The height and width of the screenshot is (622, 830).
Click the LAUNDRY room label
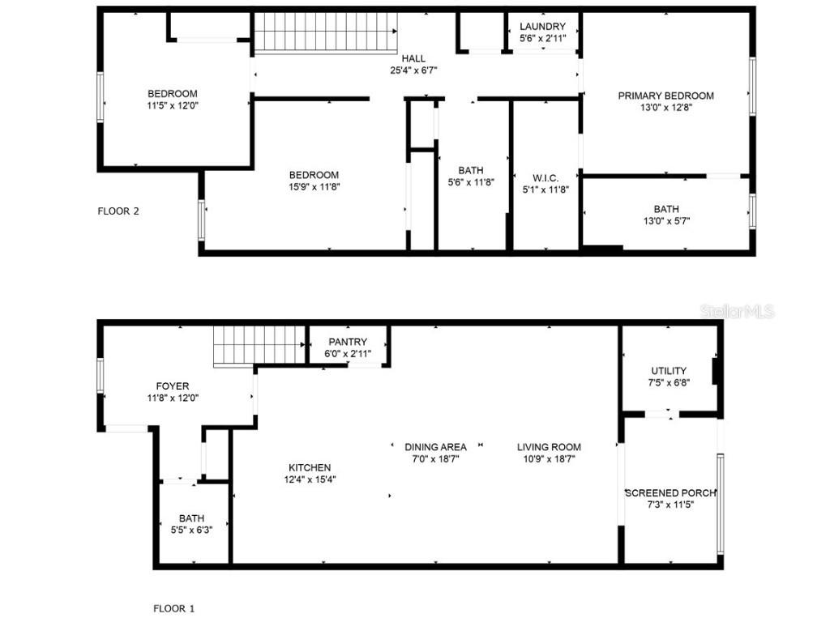pos(542,27)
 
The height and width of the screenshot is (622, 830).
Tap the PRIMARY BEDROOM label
pos(665,96)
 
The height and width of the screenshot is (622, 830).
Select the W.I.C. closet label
pos(545,178)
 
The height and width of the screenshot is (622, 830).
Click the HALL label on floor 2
pos(413,58)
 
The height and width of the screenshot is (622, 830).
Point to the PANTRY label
pos(348,342)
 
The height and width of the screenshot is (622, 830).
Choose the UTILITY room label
pos(669,371)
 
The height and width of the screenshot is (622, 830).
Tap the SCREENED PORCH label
pos(670,492)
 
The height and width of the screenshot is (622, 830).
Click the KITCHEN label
pos(310,467)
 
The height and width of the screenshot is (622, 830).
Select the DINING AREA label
pos(436,446)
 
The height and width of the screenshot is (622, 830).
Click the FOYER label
pos(173,386)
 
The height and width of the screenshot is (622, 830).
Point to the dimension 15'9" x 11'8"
pos(314,186)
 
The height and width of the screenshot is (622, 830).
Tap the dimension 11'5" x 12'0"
pos(172,104)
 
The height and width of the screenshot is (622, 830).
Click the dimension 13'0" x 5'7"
pos(666,220)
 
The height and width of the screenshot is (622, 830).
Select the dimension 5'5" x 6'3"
pos(192,530)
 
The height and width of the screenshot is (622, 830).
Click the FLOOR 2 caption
pos(118,211)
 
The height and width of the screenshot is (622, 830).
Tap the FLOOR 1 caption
pos(174,608)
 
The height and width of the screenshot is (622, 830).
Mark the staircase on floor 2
pos(327,33)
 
